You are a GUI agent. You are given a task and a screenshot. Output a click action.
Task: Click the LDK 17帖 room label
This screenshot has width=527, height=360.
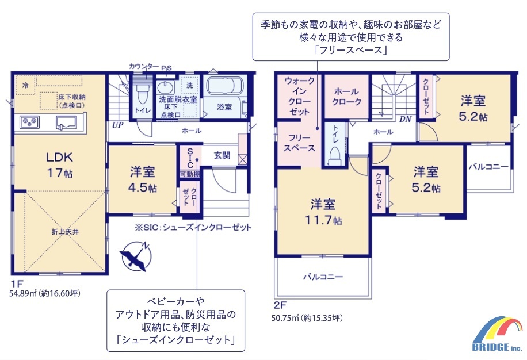(x=59, y=164)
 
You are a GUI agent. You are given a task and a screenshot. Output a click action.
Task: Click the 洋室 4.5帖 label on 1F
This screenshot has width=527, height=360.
(x=143, y=179)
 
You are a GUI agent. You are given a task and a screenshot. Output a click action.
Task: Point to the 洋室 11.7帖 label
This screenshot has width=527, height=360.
(x=323, y=212)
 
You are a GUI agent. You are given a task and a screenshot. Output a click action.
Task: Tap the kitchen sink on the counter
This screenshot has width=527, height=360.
(x=66, y=122)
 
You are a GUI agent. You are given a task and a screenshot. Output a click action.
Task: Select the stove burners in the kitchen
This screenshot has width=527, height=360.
(x=29, y=122)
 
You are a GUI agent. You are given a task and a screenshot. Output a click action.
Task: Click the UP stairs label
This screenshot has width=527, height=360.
(x=117, y=125)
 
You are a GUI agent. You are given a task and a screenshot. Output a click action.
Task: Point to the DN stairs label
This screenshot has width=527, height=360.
(x=406, y=119)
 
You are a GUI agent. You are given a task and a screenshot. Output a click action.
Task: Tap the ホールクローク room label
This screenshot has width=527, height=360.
(x=347, y=97)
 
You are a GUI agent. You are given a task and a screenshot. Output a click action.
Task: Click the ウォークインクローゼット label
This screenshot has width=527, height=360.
(x=300, y=96)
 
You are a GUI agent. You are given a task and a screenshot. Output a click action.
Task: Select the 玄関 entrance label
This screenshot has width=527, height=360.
(x=222, y=155)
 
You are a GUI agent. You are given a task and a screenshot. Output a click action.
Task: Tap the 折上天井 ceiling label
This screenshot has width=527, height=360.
(x=65, y=232)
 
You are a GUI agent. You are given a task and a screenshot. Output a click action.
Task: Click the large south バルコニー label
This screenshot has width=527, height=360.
(x=323, y=277)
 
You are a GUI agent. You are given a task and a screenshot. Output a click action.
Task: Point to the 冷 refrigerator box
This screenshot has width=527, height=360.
(x=25, y=85)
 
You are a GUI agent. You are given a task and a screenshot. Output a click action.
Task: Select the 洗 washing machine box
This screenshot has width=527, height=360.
(x=190, y=85)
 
